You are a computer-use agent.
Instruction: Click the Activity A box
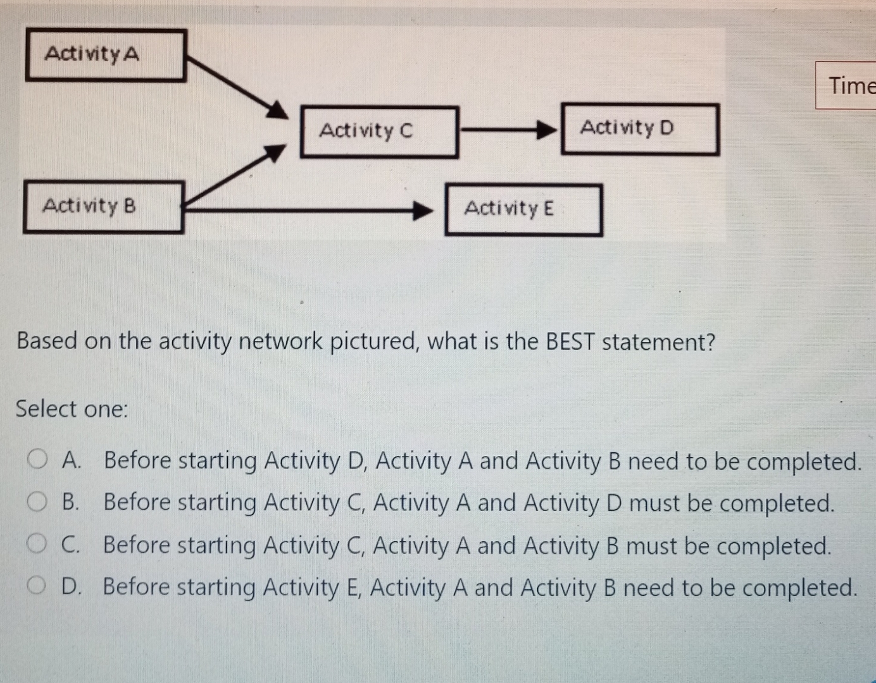pyautogui.click(x=106, y=55)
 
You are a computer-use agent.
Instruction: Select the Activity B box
pyautogui.click(x=103, y=207)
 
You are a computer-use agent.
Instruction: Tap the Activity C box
pyautogui.click(x=379, y=132)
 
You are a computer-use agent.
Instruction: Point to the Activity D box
pyautogui.click(x=640, y=129)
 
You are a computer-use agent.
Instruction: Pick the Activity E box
pyautogui.click(x=523, y=209)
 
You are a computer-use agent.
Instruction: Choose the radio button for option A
pyautogui.click(x=37, y=458)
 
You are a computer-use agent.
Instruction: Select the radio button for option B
pyautogui.click(x=36, y=501)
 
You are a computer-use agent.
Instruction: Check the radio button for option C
pyautogui.click(x=36, y=544)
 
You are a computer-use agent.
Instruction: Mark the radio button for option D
pyautogui.click(x=36, y=586)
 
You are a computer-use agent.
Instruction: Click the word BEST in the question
pyautogui.click(x=570, y=341)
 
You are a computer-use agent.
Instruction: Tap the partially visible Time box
pyautogui.click(x=848, y=85)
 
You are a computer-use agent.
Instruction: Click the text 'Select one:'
pyautogui.click(x=72, y=409)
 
